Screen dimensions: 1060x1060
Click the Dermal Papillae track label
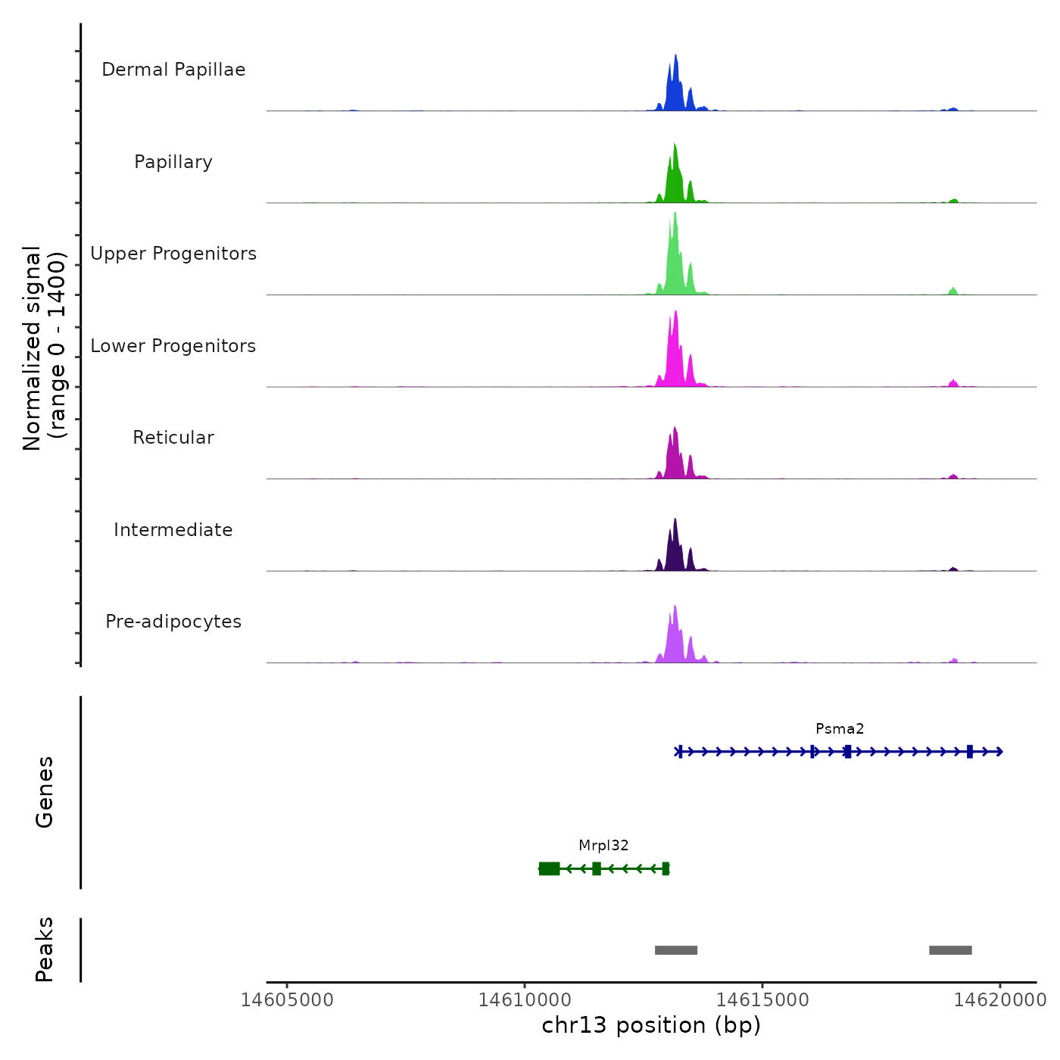click(173, 70)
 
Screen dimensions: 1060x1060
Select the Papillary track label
click(173, 162)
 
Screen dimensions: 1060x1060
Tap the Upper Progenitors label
click(173, 254)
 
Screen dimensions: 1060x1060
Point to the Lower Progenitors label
click(173, 346)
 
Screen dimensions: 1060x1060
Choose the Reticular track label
click(173, 438)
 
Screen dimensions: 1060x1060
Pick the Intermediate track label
click(173, 530)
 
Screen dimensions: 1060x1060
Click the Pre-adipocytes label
click(173, 622)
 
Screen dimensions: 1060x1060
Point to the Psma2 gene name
click(840, 729)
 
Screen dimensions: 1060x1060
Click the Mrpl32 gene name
click(603, 846)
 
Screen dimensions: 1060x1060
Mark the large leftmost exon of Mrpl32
click(549, 868)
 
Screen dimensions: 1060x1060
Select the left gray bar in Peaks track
click(675, 950)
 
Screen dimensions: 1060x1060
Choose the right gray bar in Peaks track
click(950, 950)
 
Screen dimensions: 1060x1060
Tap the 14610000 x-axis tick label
click(525, 1000)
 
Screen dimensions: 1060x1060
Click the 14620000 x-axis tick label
click(1000, 1000)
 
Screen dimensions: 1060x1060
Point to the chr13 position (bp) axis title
click(651, 1026)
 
